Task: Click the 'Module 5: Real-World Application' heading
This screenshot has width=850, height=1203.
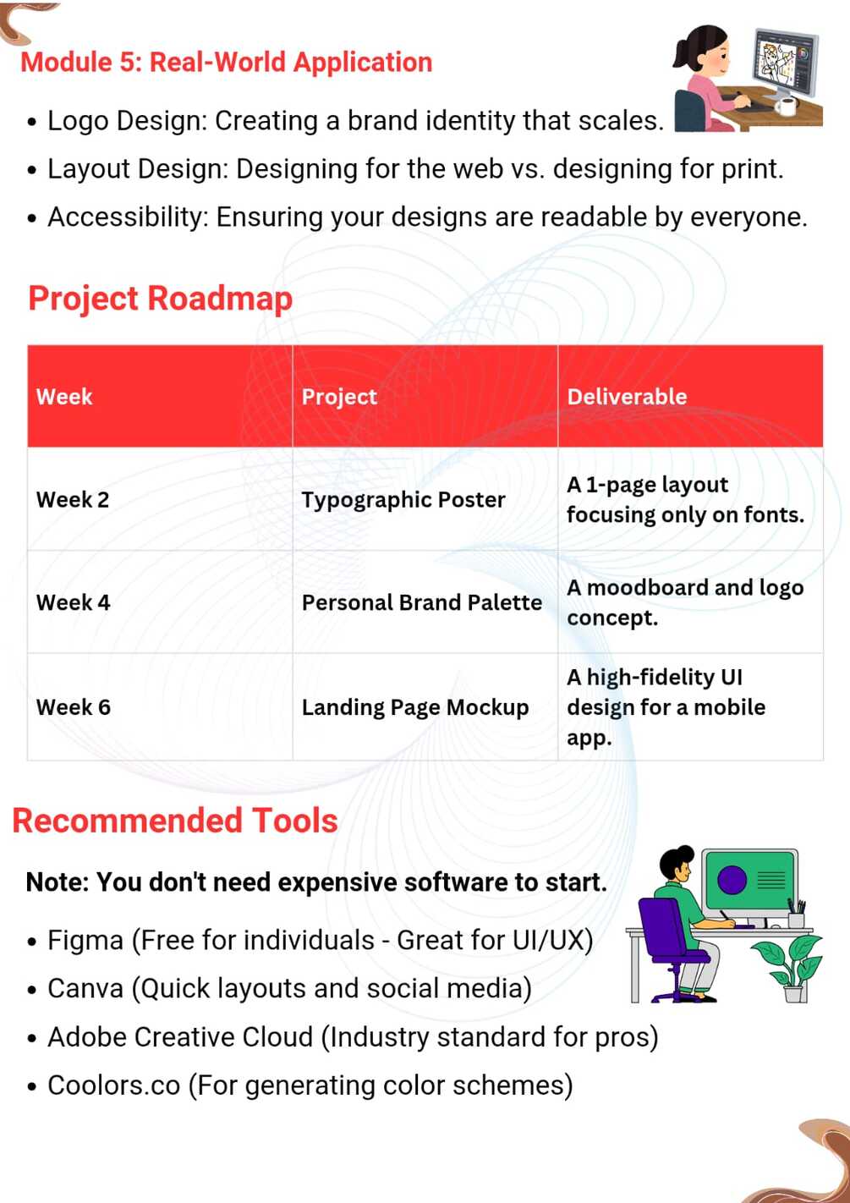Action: pos(226,63)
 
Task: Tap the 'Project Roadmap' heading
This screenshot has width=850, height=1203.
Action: pos(160,299)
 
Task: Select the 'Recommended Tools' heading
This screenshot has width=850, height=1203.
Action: pos(175,820)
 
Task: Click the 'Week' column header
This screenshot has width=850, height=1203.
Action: pos(64,397)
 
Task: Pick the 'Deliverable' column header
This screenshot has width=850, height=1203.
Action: pos(627,397)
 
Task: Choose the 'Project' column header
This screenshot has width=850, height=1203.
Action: pos(339,398)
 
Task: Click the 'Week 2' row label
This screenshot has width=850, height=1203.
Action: pos(73,500)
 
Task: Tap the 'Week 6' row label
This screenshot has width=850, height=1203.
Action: pos(74,706)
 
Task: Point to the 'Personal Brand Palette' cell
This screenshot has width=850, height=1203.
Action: pos(421,602)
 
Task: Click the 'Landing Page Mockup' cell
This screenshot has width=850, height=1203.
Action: pos(415,708)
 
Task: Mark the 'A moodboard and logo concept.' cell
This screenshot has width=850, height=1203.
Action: pos(685,602)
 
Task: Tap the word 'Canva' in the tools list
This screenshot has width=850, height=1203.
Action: pos(86,988)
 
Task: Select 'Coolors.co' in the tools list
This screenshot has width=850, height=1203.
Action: pos(114,1085)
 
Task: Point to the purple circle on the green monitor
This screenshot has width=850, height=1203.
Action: pos(732,880)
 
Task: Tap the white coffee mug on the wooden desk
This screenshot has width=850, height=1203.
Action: pos(785,105)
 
